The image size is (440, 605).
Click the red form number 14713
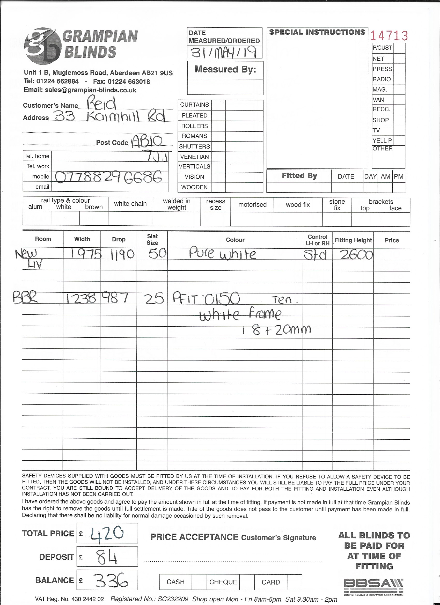point(389,36)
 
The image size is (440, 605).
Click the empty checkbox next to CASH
point(199,581)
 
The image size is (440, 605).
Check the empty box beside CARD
point(295,581)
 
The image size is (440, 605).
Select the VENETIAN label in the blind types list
point(194,157)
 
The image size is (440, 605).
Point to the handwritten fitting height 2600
point(356,255)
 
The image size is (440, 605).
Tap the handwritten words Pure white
point(222,254)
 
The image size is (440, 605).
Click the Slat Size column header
point(152,239)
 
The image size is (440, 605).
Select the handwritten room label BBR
point(25,298)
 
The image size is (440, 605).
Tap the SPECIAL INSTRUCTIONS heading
point(317,32)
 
